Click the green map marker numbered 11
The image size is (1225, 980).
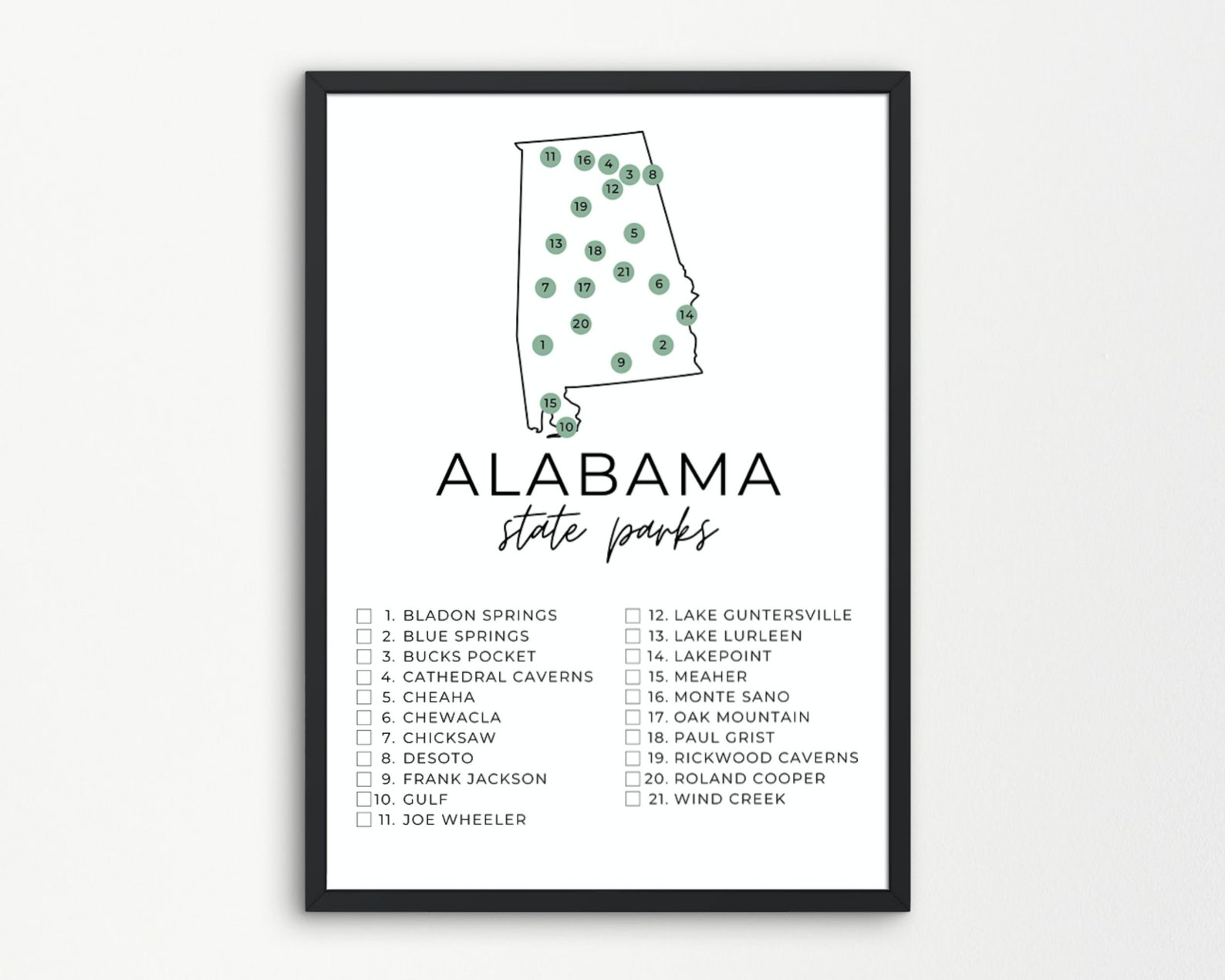(x=549, y=157)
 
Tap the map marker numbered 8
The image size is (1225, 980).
(x=653, y=174)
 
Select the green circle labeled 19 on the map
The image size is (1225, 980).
(x=581, y=207)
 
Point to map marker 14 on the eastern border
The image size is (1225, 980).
(x=686, y=315)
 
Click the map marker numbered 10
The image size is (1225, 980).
(x=566, y=427)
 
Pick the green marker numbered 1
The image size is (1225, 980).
(x=543, y=345)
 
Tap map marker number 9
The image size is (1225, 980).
(x=621, y=363)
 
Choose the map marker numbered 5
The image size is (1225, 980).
(x=634, y=233)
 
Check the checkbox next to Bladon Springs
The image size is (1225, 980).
(x=364, y=616)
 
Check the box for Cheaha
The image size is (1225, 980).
(x=364, y=698)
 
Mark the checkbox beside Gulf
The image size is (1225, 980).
(x=364, y=799)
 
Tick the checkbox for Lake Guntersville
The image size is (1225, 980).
(x=633, y=616)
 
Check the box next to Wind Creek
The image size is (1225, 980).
(x=633, y=799)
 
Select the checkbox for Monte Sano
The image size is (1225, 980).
(x=633, y=698)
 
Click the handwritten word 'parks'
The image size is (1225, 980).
(x=662, y=536)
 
